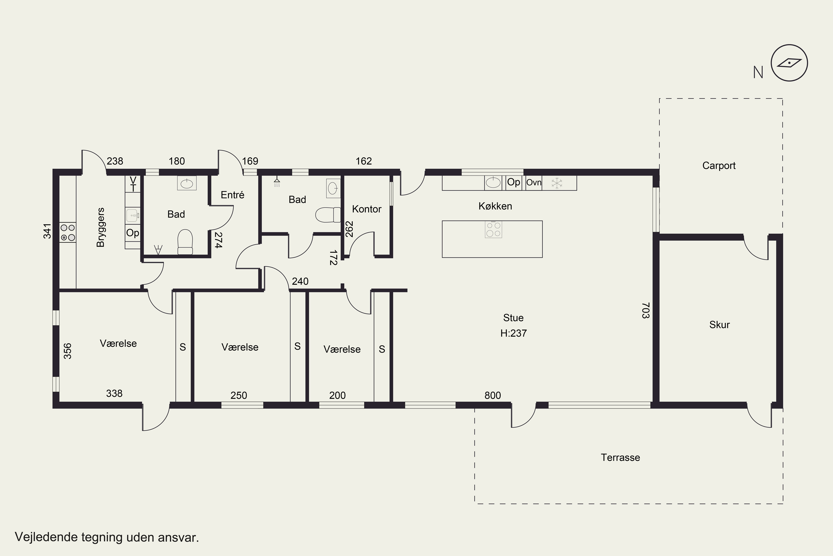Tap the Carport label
coord(719,166)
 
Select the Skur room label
coord(719,324)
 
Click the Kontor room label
coord(367,209)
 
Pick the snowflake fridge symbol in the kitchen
coord(557,183)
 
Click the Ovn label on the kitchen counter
coord(534,183)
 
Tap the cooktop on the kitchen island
coord(493,229)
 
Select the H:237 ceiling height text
coord(513,333)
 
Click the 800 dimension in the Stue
coord(493,395)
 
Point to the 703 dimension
coord(646,310)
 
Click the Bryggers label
coord(101,227)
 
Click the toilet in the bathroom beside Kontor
coord(328,215)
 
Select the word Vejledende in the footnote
coord(46,537)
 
